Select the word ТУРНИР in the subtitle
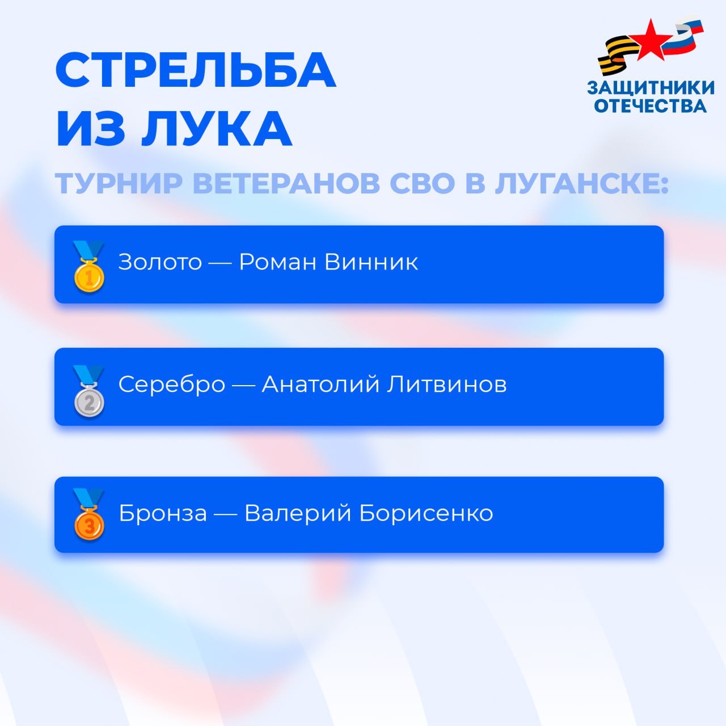click(119, 183)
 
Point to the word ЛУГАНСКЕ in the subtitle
click(581, 183)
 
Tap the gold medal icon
click(89, 267)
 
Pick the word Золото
click(160, 262)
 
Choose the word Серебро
click(172, 385)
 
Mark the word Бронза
click(163, 513)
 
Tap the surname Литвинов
click(447, 385)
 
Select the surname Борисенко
click(426, 513)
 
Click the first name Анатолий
click(320, 385)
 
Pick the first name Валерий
click(298, 513)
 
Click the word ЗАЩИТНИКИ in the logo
click(651, 88)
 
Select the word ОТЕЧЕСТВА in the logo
click(650, 105)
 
